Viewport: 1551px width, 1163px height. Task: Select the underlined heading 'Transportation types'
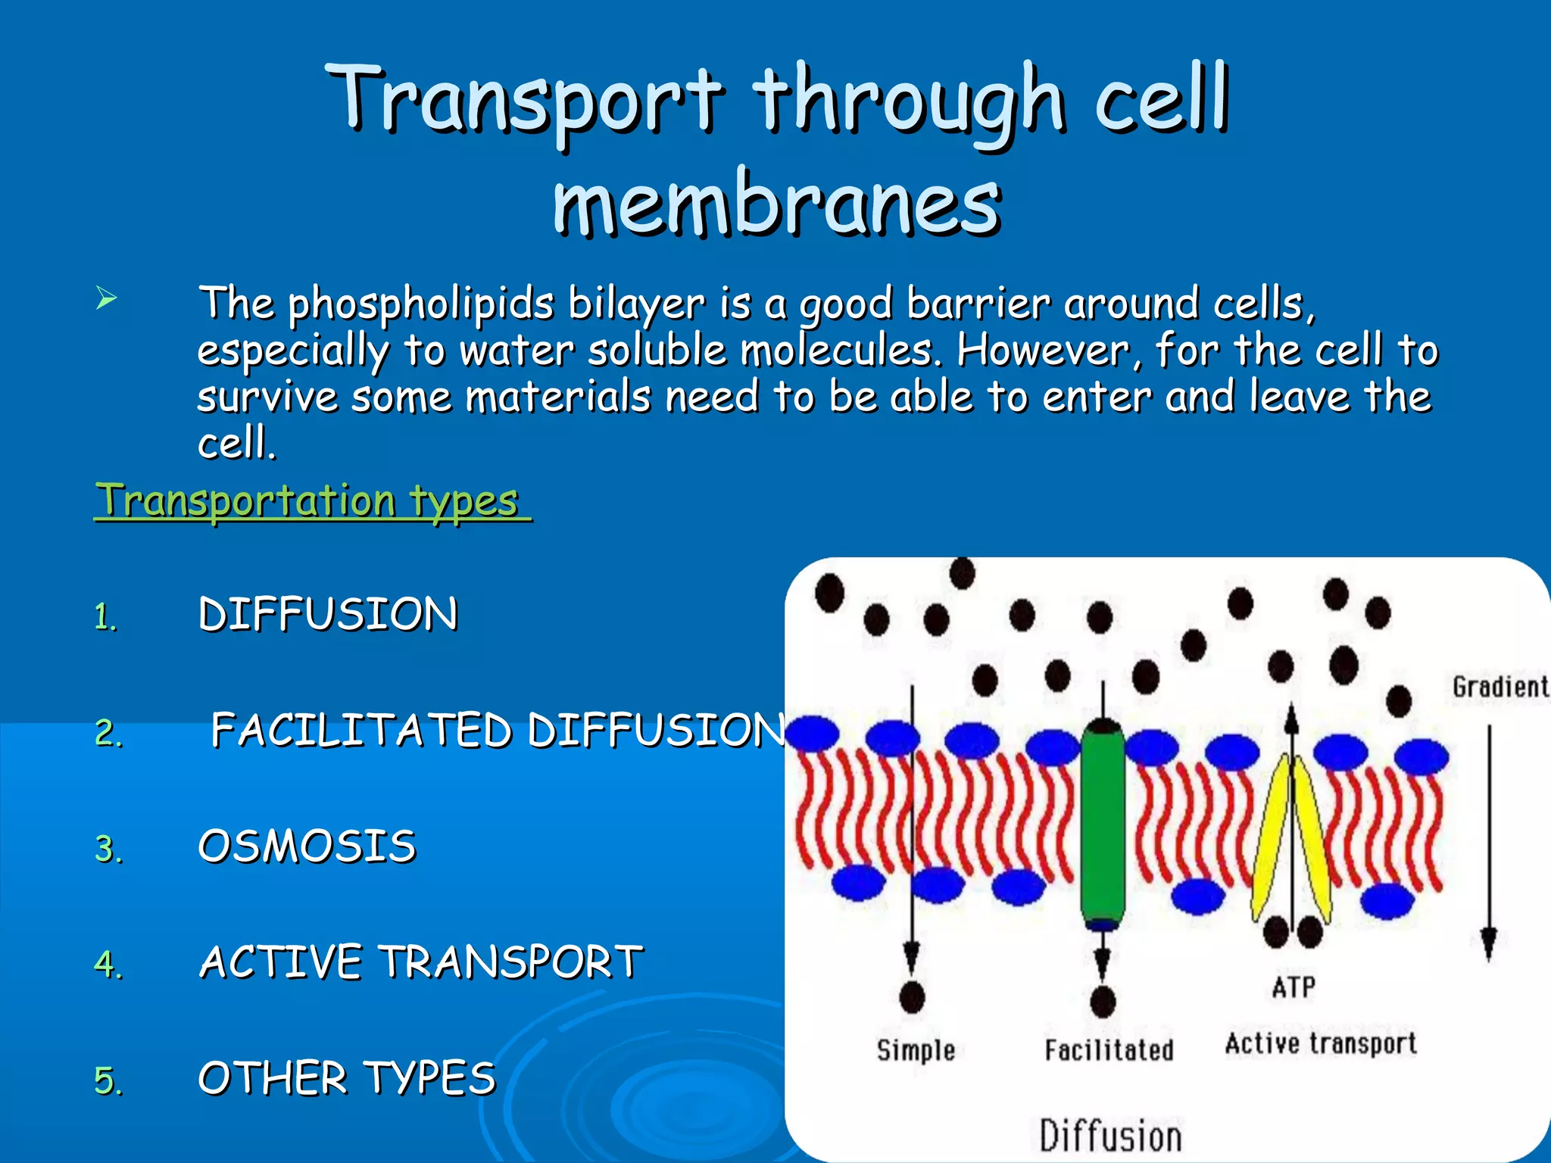pos(311,500)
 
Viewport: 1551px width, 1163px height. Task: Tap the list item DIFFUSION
pos(328,613)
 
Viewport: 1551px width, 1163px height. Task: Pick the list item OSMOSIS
pos(307,846)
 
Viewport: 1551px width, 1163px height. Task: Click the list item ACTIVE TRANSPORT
pos(421,962)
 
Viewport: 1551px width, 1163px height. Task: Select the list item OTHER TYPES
pos(347,1077)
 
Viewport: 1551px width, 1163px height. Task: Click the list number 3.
pos(108,849)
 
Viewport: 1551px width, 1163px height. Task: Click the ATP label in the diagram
pos(1294,987)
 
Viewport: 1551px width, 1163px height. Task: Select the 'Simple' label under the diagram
pos(916,1049)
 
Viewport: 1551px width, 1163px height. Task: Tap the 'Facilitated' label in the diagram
pos(1109,1049)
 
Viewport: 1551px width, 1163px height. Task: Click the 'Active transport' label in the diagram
pos(1321,1043)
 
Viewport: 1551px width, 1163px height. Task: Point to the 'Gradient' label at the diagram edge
pos(1500,687)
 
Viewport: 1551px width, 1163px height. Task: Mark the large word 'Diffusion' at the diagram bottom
pos(1110,1136)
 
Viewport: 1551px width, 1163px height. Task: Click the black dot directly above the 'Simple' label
pos(912,997)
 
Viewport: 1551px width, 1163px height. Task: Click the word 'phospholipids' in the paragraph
pos(421,304)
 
